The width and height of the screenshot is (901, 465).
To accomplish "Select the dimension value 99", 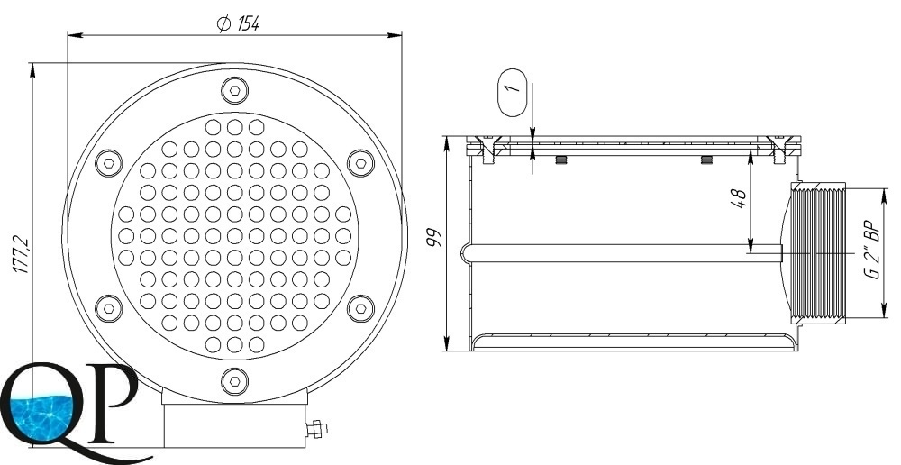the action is [x=434, y=238].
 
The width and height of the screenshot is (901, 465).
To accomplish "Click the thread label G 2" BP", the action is [x=874, y=250].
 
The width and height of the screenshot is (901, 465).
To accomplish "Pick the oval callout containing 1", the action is [x=512, y=93].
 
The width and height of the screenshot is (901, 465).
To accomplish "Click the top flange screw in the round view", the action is [x=234, y=90].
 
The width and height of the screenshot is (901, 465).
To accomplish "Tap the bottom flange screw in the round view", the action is [x=234, y=381].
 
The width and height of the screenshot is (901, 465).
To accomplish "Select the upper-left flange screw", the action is [x=109, y=163].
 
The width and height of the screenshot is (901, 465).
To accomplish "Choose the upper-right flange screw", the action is [x=361, y=163].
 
